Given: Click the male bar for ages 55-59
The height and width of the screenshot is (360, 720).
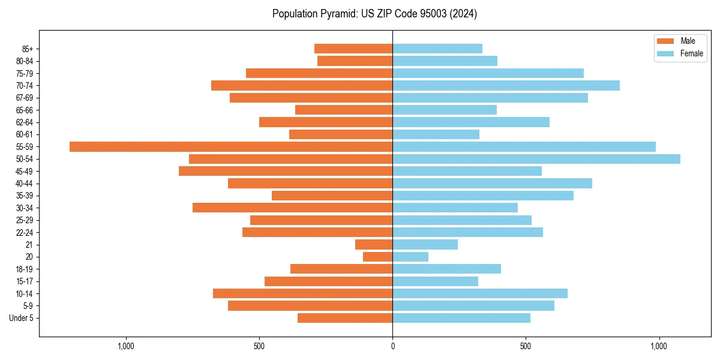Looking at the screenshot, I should click(x=231, y=146).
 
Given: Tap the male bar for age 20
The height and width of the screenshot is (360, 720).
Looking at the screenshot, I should click(x=378, y=257).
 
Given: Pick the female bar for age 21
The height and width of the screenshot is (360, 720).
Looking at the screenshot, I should click(x=425, y=244).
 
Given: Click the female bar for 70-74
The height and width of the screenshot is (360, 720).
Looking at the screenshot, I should click(x=506, y=85).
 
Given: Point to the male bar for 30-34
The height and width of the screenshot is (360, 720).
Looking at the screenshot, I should click(x=293, y=208).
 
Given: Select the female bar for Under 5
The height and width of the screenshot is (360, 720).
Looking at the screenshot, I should click(x=461, y=318).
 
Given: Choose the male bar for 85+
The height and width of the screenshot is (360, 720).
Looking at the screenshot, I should click(x=353, y=49).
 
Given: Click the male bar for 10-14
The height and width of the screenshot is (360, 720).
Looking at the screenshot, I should click(x=303, y=293).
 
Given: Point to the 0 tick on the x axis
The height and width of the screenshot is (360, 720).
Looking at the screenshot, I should click(x=392, y=346).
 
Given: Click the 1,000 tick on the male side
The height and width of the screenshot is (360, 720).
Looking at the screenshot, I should click(x=125, y=346).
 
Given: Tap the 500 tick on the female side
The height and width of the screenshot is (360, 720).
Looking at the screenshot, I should click(x=526, y=346).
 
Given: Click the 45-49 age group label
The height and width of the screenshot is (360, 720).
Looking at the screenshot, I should click(x=25, y=171).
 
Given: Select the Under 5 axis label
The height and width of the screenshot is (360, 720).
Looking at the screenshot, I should click(x=21, y=318).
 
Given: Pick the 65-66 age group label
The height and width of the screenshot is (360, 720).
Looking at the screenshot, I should click(x=25, y=110).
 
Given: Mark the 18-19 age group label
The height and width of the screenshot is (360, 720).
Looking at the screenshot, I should click(x=25, y=269).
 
